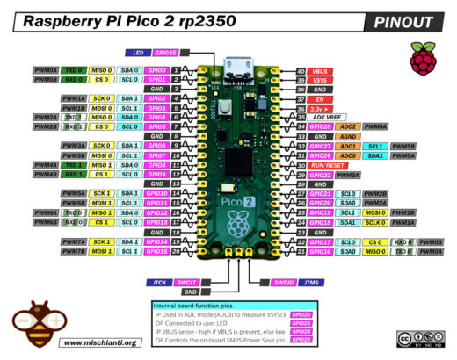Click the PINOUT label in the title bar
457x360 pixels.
(x=407, y=22)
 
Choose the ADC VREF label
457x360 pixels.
(x=331, y=117)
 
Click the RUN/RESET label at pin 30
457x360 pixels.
(x=332, y=165)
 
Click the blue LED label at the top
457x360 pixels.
(x=139, y=53)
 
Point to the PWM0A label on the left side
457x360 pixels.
(x=46, y=69)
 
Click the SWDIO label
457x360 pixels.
(x=284, y=282)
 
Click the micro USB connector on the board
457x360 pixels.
(x=236, y=63)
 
